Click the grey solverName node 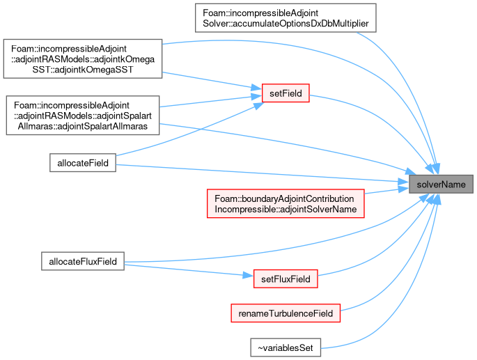(x=441, y=184)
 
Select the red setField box (x=286, y=93)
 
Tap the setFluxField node (x=286, y=279)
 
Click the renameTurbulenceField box (x=286, y=313)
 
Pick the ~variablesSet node (x=286, y=347)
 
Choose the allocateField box (x=83, y=163)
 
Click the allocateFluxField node (x=83, y=261)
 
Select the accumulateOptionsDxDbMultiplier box (x=286, y=18)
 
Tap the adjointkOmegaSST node (x=83, y=58)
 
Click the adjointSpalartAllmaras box (x=83, y=116)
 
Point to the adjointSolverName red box (x=286, y=203)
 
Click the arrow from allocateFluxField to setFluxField (x=189, y=271)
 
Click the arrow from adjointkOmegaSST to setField (x=212, y=81)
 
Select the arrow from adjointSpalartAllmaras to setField (x=210, y=102)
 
